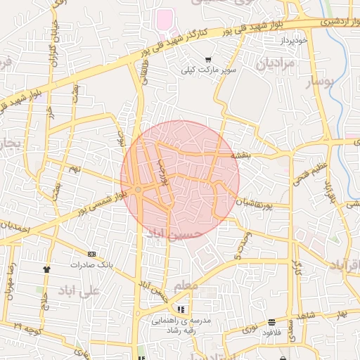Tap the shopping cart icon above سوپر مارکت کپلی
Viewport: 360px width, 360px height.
click(207, 60)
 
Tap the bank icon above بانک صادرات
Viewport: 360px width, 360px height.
click(91, 253)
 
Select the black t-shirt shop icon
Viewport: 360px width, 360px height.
click(47, 269)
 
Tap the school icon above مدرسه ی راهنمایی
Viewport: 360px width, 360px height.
click(181, 309)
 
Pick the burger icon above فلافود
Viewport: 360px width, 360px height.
click(271, 323)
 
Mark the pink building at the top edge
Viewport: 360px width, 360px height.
click(165, 19)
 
